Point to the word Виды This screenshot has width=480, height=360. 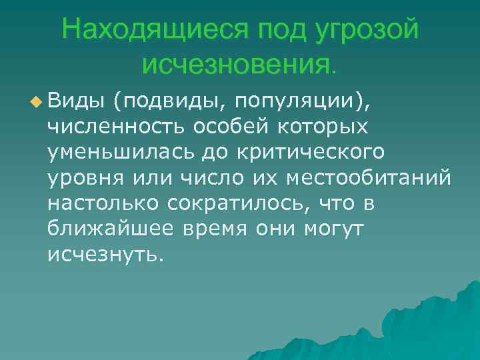(75, 102)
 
